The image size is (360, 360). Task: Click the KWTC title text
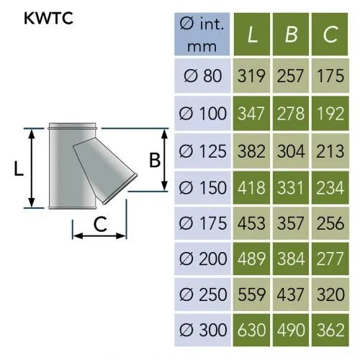(48, 18)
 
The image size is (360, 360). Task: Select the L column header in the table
(252, 34)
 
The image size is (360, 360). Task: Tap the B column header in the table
(291, 34)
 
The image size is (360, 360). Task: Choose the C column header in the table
(330, 34)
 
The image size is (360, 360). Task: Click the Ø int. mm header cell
(202, 34)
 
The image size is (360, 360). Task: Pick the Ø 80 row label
(202, 76)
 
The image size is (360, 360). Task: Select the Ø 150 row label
(202, 187)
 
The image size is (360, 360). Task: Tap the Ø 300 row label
(202, 330)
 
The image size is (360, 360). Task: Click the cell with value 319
(251, 76)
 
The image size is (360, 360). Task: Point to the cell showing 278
(291, 113)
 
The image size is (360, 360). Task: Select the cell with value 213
(330, 151)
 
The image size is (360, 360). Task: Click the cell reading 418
(251, 187)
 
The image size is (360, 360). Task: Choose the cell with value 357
(291, 223)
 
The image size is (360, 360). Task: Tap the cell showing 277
(330, 258)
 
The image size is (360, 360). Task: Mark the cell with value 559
(251, 294)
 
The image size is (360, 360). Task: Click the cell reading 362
(330, 330)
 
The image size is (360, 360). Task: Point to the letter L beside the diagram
(19, 168)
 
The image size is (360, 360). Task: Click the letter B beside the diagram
(155, 160)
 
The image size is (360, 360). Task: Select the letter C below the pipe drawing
(100, 224)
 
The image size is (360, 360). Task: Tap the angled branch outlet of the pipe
(106, 169)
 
